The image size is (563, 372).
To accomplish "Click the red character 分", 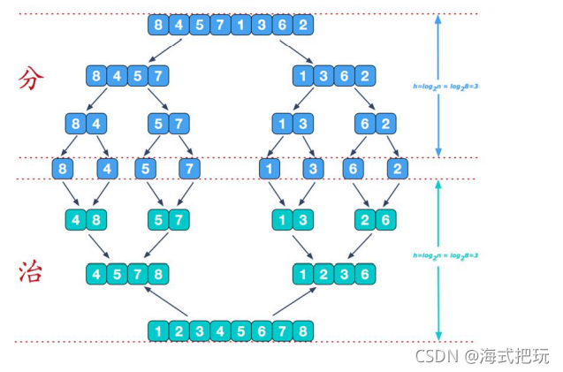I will [31, 80].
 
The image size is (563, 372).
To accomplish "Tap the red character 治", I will [31, 272].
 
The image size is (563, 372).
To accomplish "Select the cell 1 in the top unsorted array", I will [240, 25].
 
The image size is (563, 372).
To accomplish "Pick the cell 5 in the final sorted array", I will [240, 330].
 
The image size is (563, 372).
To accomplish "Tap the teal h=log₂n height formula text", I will [446, 255].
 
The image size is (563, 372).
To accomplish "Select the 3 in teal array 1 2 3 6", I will [344, 274].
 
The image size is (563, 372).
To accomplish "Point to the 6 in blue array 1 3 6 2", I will [344, 75].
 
